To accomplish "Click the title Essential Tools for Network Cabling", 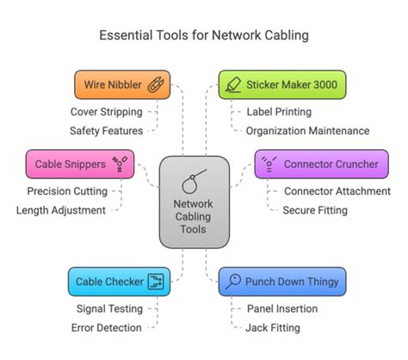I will point(203,36).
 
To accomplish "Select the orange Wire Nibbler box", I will point(120,84).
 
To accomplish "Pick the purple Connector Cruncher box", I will point(320,164).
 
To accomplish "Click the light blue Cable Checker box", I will point(118,281).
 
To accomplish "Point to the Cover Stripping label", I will point(107,111).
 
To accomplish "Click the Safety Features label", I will point(107,130).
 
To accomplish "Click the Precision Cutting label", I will point(67,191).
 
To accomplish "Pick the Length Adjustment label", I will point(61,210).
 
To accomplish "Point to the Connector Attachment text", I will point(337,191).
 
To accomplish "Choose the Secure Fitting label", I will point(315,210).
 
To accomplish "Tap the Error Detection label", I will point(107,327).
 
